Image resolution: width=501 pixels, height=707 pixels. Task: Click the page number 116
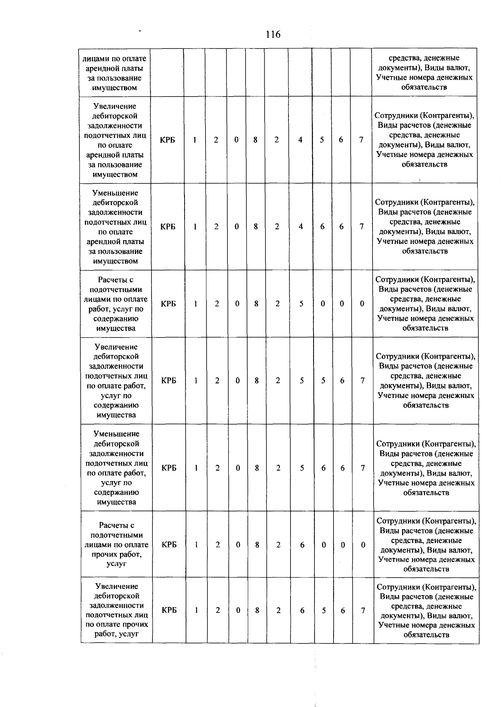[x=273, y=35]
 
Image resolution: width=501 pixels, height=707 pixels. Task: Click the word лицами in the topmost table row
[x=95, y=58]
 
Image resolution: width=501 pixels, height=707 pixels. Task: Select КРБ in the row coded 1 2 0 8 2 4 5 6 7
[x=167, y=140]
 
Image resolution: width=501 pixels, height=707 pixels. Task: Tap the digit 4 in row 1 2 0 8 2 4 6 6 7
[x=301, y=226]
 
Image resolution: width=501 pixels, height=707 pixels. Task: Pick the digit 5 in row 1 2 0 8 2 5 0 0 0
[x=301, y=304]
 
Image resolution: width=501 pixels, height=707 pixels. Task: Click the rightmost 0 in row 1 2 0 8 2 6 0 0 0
[x=363, y=545]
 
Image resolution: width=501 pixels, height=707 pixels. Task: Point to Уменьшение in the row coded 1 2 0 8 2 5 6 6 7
[x=116, y=434]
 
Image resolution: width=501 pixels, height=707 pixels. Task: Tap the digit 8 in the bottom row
[x=257, y=610]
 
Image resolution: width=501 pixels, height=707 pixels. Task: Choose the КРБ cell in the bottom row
[x=169, y=610]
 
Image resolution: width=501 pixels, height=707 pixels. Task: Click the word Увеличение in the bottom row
[x=116, y=586]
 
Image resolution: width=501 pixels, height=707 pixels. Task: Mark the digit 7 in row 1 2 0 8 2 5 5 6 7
[x=362, y=380]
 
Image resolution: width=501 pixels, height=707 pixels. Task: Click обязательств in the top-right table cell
[x=424, y=87]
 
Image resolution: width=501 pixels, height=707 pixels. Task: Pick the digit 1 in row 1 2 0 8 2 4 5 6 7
[x=195, y=140]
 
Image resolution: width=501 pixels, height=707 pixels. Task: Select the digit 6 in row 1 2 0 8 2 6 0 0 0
[x=302, y=545]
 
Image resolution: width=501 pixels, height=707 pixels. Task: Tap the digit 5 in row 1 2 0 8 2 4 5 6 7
[x=322, y=140]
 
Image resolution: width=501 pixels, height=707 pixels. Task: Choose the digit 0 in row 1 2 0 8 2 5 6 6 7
[x=238, y=468]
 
